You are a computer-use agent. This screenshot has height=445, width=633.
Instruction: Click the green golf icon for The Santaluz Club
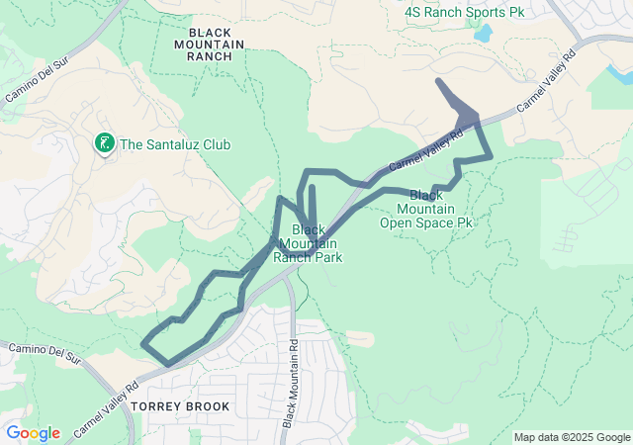coord(103,144)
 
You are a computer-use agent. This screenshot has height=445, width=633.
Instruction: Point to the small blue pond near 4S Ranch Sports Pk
coord(483,34)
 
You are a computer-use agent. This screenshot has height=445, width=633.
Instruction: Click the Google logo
coord(33,433)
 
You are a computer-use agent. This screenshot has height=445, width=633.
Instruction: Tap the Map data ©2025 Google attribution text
coord(571,437)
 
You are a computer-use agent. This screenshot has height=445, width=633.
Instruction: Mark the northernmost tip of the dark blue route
coord(437,79)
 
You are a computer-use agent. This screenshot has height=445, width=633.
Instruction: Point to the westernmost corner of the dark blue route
coord(144,344)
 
